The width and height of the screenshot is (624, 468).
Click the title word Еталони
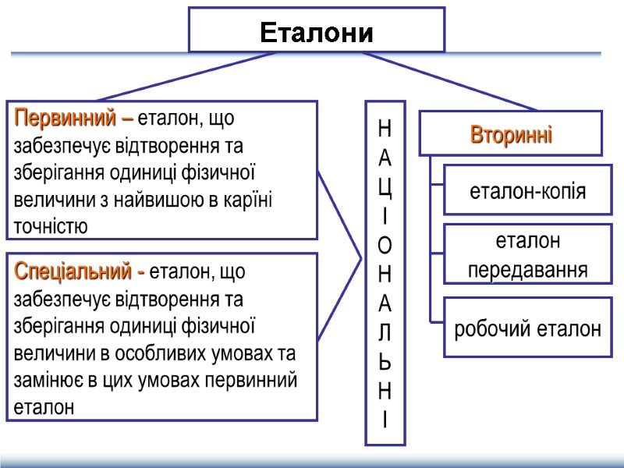(316, 34)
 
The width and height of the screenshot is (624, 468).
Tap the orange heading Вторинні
(511, 133)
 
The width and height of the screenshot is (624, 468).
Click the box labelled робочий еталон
(527, 328)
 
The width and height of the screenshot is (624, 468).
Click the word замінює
(46, 380)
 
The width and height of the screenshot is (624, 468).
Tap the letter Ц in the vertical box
(385, 190)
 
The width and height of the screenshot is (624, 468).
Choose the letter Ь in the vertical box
(385, 363)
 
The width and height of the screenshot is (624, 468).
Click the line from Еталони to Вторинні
(452, 82)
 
